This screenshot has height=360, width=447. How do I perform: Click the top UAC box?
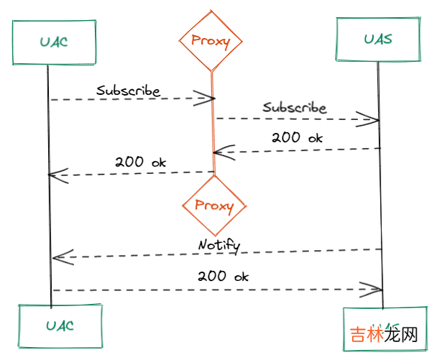(54, 42)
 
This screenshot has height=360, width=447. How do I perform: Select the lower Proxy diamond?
(214, 207)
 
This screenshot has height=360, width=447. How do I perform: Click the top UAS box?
(377, 39)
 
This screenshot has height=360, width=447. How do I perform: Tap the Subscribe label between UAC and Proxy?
(129, 91)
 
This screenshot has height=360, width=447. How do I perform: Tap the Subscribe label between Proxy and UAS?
(294, 109)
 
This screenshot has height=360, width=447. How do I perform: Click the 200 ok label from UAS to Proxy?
(297, 138)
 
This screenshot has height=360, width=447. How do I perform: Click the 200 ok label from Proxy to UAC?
(140, 162)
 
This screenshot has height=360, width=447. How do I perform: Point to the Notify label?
(218, 246)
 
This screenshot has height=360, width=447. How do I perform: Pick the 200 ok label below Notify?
(223, 276)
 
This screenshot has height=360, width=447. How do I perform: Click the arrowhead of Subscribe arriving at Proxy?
(206, 98)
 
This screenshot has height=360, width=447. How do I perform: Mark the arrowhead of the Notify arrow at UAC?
(60, 256)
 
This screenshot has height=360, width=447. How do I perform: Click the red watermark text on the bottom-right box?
(384, 336)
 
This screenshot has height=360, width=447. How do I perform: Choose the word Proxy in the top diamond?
(211, 41)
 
